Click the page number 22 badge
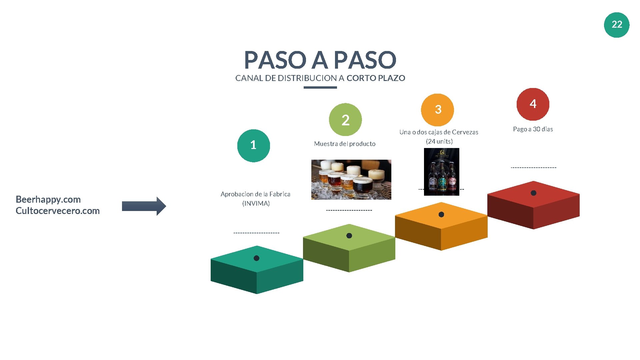tap(616, 25)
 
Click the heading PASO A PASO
tap(320, 60)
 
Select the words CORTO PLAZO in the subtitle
tap(376, 78)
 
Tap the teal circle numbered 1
tap(253, 145)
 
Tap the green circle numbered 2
tap(345, 120)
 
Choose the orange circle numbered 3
tap(438, 110)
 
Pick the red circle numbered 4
tap(533, 104)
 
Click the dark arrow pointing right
tap(144, 206)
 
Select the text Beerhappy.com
tap(48, 199)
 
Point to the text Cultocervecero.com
tap(58, 211)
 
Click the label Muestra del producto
tap(345, 144)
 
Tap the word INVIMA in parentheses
tap(256, 203)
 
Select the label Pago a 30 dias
tap(533, 129)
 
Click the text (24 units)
tap(439, 141)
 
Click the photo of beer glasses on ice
tap(351, 179)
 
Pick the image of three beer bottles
tap(441, 172)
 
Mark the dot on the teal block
tap(256, 258)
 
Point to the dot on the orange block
tap(441, 214)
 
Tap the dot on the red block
tap(533, 193)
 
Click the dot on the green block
tap(349, 236)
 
